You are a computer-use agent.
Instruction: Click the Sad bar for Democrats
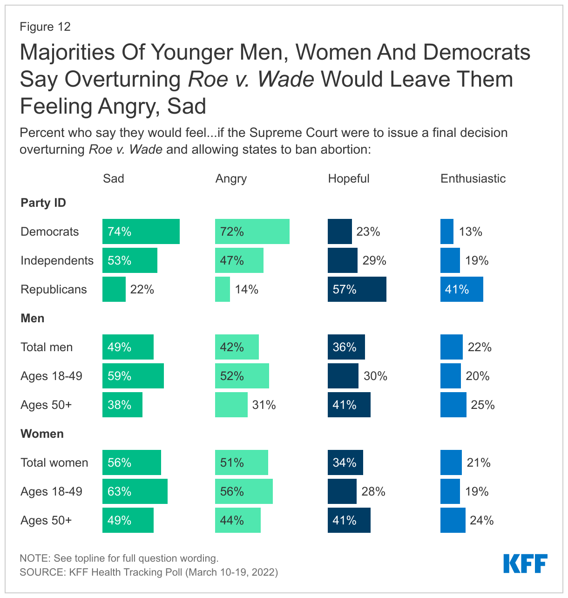click(x=141, y=231)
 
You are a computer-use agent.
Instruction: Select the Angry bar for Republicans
click(x=222, y=289)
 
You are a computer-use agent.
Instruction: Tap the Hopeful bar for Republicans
click(x=357, y=289)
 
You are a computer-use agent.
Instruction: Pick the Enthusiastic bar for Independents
click(x=450, y=260)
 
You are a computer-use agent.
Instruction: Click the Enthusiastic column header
click(x=473, y=178)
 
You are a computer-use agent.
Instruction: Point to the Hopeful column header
click(x=348, y=178)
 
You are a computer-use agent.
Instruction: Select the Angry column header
click(x=231, y=179)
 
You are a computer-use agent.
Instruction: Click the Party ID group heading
click(x=43, y=203)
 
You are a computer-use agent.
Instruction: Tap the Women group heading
click(x=42, y=434)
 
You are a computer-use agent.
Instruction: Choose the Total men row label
click(x=47, y=347)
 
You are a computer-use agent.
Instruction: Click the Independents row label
click(x=57, y=260)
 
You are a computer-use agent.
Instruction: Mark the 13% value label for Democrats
click(x=470, y=231)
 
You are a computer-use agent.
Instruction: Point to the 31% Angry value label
click(x=264, y=405)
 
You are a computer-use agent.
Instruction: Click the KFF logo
click(x=525, y=564)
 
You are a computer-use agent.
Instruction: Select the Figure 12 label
click(x=45, y=27)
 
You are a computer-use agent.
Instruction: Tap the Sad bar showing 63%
click(x=135, y=491)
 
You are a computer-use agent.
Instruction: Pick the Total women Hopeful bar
click(x=345, y=462)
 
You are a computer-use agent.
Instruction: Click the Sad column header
click(x=113, y=178)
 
